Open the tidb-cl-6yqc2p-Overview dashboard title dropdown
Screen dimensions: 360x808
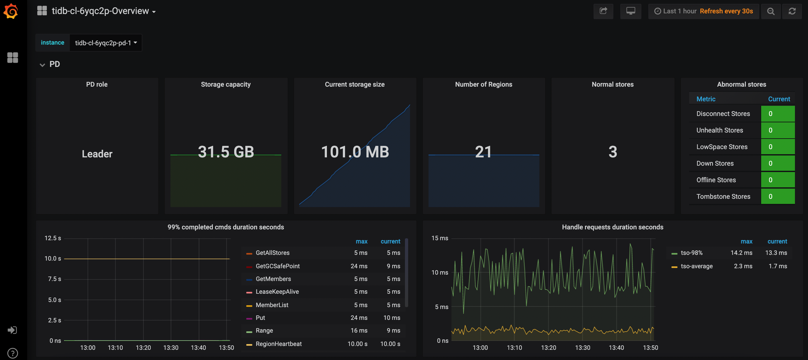[x=104, y=11]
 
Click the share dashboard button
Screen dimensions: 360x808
[x=603, y=11]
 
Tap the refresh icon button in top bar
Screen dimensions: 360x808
[x=792, y=11]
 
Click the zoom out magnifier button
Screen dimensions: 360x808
[x=771, y=11]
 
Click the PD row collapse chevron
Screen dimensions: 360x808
[x=42, y=65]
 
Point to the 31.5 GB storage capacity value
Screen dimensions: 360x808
[x=226, y=152]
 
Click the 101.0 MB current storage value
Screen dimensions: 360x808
[x=355, y=152]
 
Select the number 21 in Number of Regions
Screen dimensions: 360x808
[x=483, y=152]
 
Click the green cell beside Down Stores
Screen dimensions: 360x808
[x=777, y=163]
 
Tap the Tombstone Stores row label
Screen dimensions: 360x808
[x=723, y=197]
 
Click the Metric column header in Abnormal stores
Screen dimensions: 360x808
[x=706, y=99]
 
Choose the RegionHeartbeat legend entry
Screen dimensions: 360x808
[x=278, y=344]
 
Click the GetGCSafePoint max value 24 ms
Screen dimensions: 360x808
[x=359, y=266]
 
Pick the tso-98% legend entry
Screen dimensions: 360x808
[x=691, y=253]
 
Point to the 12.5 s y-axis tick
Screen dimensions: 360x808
[x=53, y=238]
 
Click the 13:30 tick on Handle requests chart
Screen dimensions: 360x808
[x=582, y=348]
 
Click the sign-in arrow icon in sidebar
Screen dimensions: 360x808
[x=12, y=330]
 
